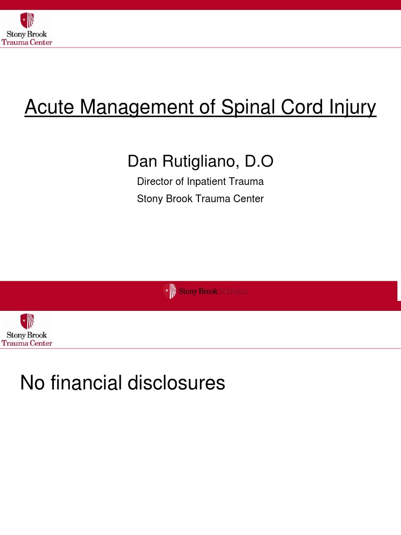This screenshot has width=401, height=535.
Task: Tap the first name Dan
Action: (143, 162)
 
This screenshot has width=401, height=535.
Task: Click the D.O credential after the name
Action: (259, 162)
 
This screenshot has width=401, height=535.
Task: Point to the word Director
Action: (155, 182)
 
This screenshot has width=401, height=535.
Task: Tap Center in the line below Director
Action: (247, 199)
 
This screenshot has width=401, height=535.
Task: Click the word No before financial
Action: (32, 383)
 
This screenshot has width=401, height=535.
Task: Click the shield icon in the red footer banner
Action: (170, 291)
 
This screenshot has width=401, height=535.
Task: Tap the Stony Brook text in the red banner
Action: (198, 292)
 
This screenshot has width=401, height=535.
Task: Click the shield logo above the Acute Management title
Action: (27, 21)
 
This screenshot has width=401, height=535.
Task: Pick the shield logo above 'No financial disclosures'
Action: (27, 321)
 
